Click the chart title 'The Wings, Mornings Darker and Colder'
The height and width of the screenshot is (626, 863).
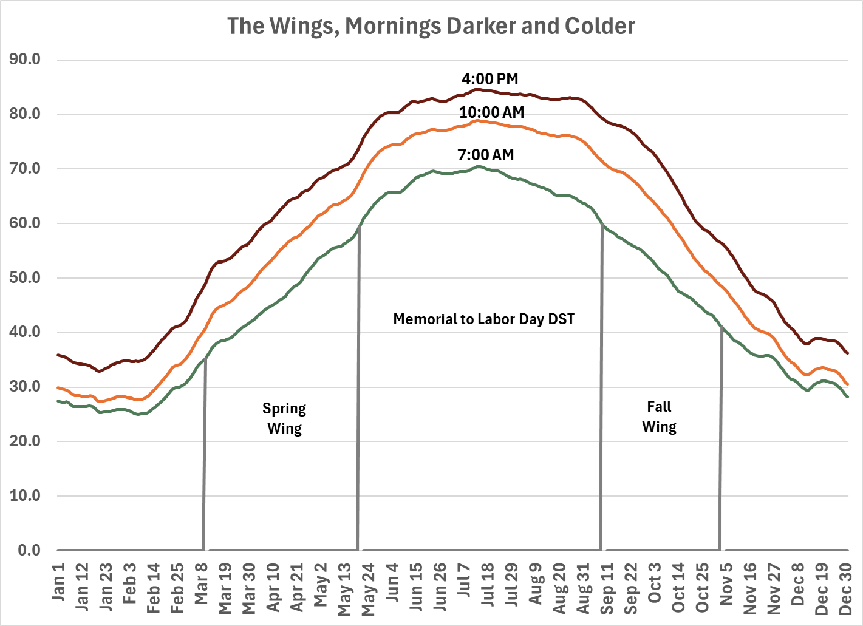tap(431, 26)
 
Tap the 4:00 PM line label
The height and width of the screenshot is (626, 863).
tap(489, 79)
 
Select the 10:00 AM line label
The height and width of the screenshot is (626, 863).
tap(491, 112)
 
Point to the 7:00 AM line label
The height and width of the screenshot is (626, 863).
tap(485, 155)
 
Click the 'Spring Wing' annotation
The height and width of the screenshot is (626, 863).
tap(284, 418)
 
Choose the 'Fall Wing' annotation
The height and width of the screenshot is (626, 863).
tap(659, 417)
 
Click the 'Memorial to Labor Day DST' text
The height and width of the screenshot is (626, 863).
tap(483, 319)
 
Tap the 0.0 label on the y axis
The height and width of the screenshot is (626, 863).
tap(29, 551)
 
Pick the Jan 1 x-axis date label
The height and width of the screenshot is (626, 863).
tap(58, 582)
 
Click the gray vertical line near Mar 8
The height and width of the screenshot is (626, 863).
tap(204, 455)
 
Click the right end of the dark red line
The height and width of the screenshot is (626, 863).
tap(847, 353)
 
